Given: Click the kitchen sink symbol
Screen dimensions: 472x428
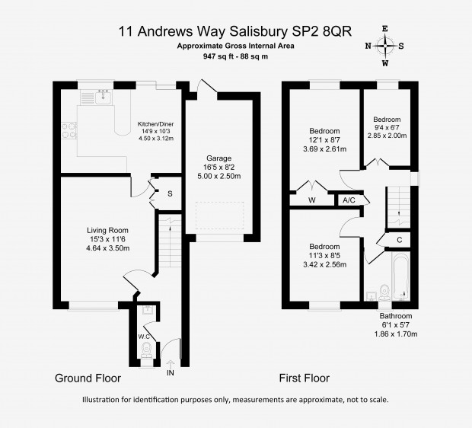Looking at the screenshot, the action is click(x=104, y=97).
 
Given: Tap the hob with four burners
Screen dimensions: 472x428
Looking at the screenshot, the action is click(x=69, y=131).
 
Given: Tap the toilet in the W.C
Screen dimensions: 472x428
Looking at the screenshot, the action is click(x=147, y=350).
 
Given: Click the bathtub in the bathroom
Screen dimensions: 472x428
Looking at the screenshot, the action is click(x=400, y=276).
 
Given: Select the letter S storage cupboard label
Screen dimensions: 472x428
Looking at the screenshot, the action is click(x=170, y=194).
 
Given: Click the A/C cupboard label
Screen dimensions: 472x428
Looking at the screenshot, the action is click(x=349, y=200).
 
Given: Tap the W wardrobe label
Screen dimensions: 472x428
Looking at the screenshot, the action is click(x=312, y=200).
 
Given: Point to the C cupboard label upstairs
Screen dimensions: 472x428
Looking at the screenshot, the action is click(x=400, y=240).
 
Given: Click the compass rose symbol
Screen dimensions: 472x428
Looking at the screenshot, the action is click(x=385, y=46).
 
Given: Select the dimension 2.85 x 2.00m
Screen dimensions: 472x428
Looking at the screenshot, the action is click(x=387, y=136).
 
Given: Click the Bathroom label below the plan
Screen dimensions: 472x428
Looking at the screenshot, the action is click(x=396, y=316).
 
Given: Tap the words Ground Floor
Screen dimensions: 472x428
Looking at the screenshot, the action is click(x=88, y=378).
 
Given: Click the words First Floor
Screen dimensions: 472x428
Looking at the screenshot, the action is click(x=305, y=378).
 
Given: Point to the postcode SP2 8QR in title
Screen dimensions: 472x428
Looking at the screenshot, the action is click(x=321, y=31).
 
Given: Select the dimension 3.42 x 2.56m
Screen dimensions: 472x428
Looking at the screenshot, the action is click(x=325, y=265).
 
